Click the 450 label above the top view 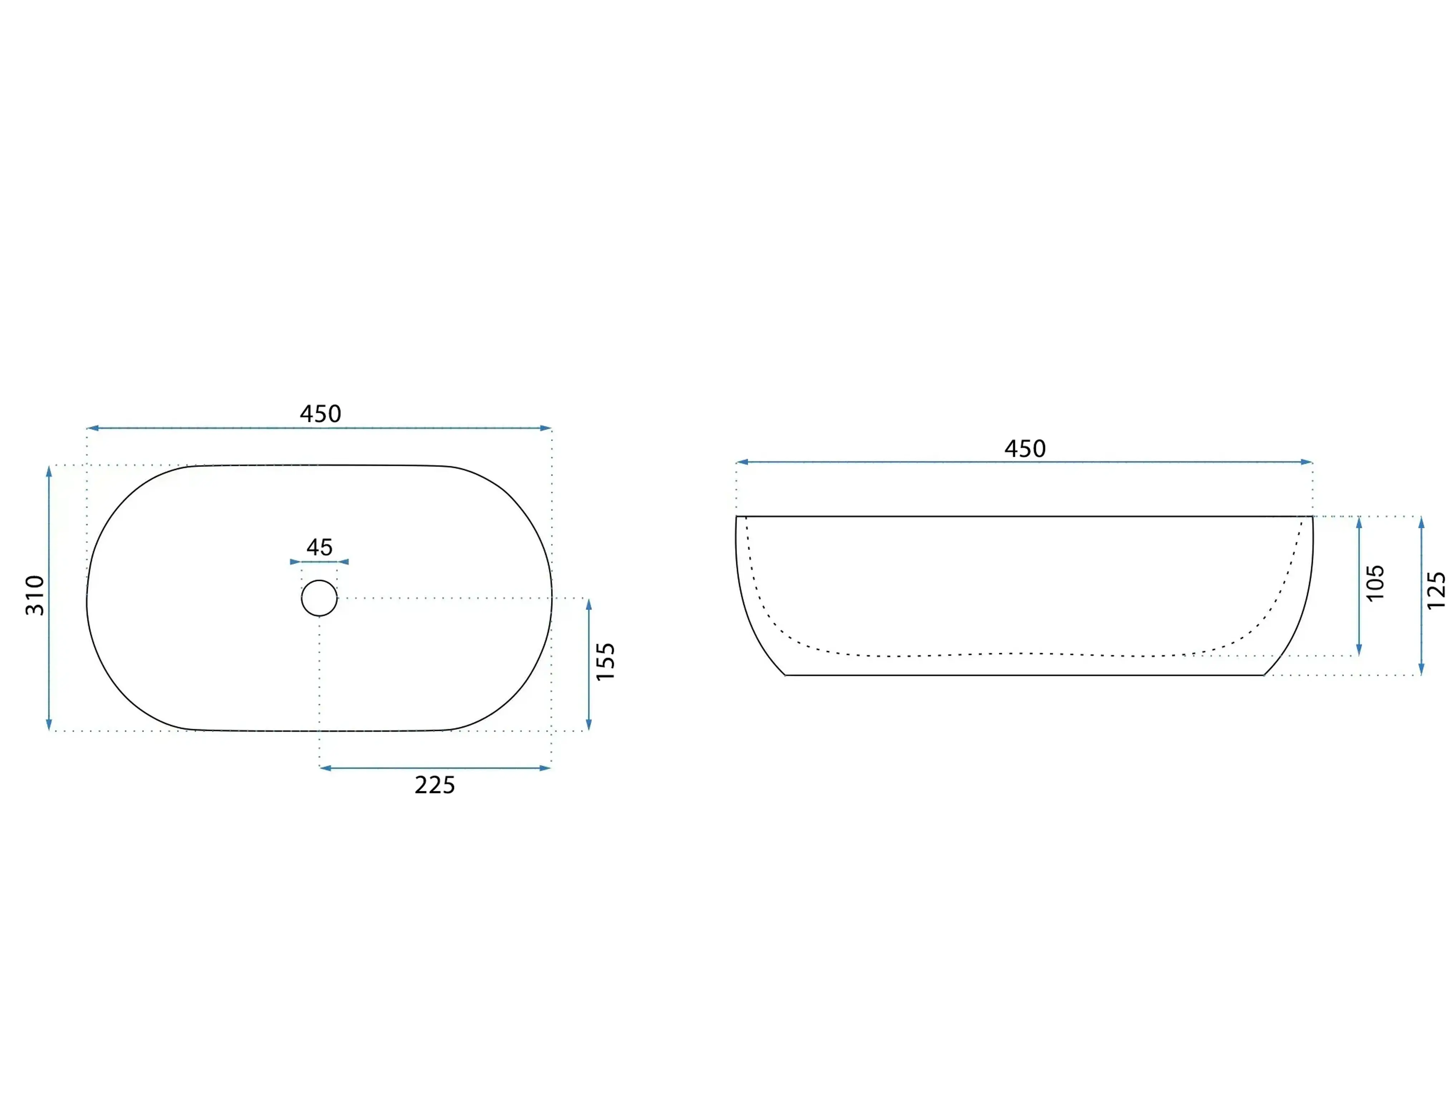coord(320,414)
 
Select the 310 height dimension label coord(35,595)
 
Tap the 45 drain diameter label coord(319,547)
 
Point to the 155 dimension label coord(605,662)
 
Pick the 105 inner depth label coord(1375,583)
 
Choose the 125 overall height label coord(1436,591)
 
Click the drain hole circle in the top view coord(319,598)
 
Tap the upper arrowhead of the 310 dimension coord(49,471)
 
